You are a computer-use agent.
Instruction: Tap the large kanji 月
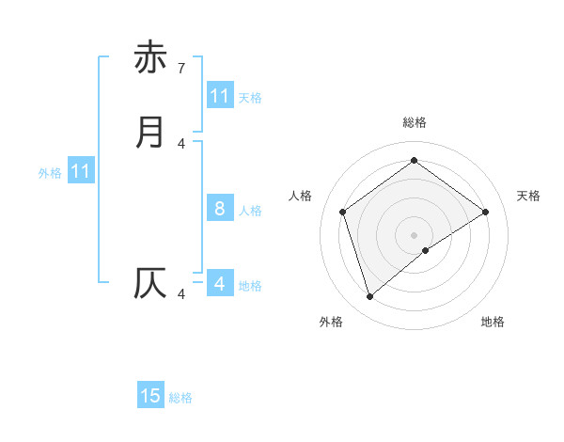[x=150, y=132]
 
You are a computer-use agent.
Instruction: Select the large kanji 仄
[x=150, y=283]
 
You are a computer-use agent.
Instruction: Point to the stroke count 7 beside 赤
[x=181, y=68]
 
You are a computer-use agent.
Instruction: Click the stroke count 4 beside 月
[x=181, y=143]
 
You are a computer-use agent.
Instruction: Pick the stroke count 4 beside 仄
[x=181, y=294]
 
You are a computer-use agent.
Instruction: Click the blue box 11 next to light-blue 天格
[x=220, y=96]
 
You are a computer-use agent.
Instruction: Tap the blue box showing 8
[x=220, y=209]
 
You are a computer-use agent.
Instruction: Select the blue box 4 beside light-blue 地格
[x=220, y=284]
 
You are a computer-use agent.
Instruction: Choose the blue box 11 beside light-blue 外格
[x=80, y=171]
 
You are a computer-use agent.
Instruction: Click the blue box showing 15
[x=150, y=396]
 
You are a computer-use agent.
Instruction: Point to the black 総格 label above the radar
[x=415, y=122]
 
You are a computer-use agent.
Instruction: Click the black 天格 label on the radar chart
[x=528, y=196]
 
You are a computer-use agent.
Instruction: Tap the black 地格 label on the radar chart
[x=493, y=322]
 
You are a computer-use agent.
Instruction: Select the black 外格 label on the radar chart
[x=331, y=322]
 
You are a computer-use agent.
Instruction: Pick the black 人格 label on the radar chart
[x=301, y=196]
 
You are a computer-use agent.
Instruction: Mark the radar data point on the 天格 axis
[x=485, y=212]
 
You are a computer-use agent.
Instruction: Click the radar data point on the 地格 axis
[x=426, y=250]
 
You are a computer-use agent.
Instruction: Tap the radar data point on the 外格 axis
[x=369, y=297]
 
